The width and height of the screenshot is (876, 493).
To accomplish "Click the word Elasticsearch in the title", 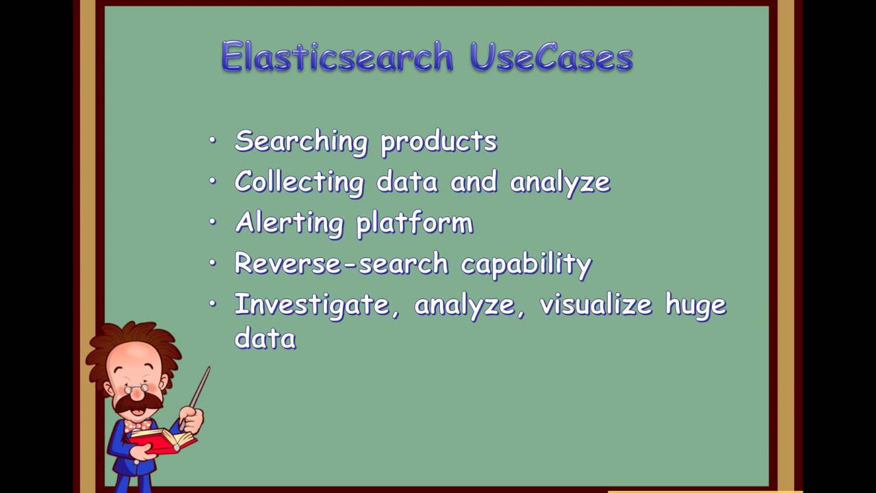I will (337, 58).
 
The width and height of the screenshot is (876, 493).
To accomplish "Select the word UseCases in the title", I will (551, 58).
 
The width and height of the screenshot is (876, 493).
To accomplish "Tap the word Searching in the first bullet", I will (301, 142).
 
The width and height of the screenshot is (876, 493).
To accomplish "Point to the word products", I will (439, 142).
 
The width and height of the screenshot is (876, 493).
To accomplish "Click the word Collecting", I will (299, 183).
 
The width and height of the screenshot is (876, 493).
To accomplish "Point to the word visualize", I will (595, 305).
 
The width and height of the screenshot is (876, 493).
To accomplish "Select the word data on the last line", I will (265, 338).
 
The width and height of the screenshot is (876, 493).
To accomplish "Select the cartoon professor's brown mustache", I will (138, 403).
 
